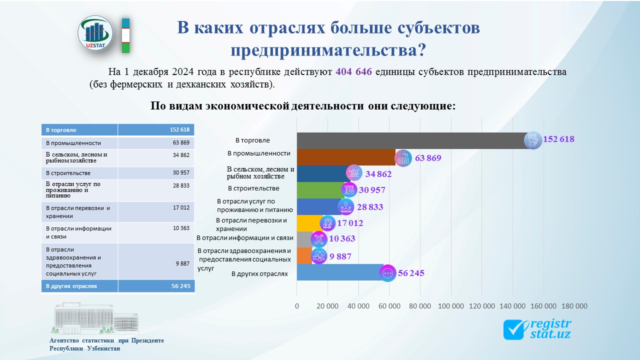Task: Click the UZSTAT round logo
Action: (95, 33)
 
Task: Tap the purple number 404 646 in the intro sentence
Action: (353, 71)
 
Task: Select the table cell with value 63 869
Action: (156, 143)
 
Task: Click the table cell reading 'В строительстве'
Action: (79, 173)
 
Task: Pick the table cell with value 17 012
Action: (156, 211)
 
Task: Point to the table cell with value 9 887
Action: (156, 261)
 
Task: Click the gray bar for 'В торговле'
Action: (414, 140)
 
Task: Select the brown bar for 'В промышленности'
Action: (346, 157)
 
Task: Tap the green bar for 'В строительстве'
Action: (320, 190)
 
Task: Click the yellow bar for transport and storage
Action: (310, 223)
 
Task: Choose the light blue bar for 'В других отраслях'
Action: (340, 272)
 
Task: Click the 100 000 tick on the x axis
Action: (451, 306)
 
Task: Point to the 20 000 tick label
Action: (327, 306)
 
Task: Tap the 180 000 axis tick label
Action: (574, 306)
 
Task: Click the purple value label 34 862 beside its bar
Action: (378, 173)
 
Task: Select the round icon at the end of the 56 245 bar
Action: (387, 273)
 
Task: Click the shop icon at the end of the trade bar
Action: (533, 140)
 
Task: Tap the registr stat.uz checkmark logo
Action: (537, 329)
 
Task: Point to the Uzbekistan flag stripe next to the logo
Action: (125, 35)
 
